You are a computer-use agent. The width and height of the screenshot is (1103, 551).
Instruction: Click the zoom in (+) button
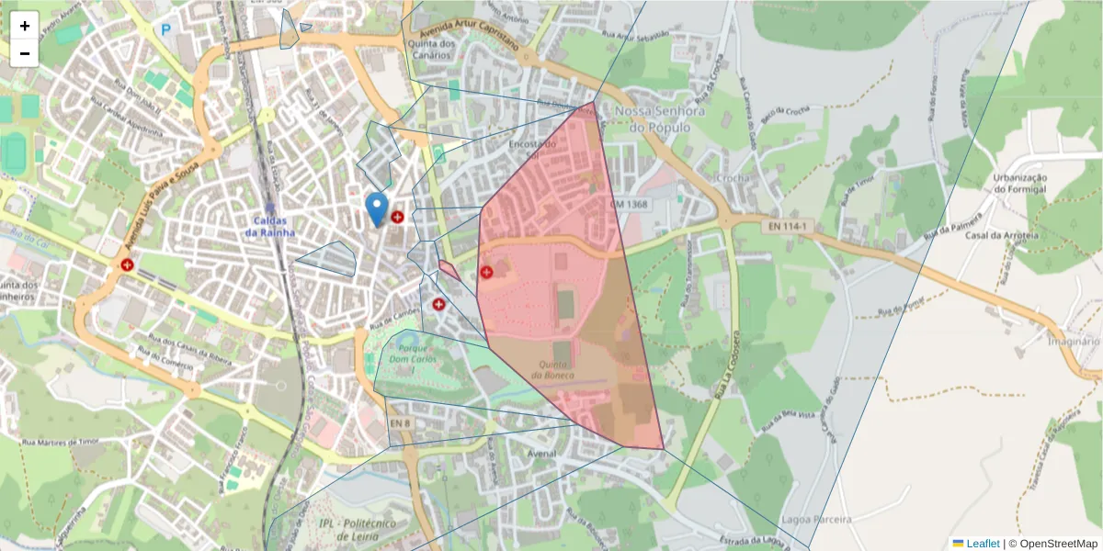(25, 26)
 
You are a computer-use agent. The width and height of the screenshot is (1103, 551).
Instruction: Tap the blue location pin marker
(376, 208)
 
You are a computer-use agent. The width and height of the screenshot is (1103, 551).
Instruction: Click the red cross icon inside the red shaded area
(486, 272)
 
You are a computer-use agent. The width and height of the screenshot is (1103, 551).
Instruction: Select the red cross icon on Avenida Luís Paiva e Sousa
(127, 264)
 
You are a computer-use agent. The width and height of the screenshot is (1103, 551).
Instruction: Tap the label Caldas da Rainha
(270, 227)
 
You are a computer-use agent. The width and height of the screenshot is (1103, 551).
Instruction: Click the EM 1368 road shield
(629, 204)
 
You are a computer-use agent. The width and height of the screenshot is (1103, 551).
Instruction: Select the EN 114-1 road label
(784, 226)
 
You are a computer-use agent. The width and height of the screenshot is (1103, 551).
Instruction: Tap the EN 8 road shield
(399, 422)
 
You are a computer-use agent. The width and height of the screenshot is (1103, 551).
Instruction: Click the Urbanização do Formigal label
(1020, 183)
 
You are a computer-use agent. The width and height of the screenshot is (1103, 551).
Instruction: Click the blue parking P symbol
(166, 29)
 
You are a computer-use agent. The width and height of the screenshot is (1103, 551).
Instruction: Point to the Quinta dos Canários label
(434, 49)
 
